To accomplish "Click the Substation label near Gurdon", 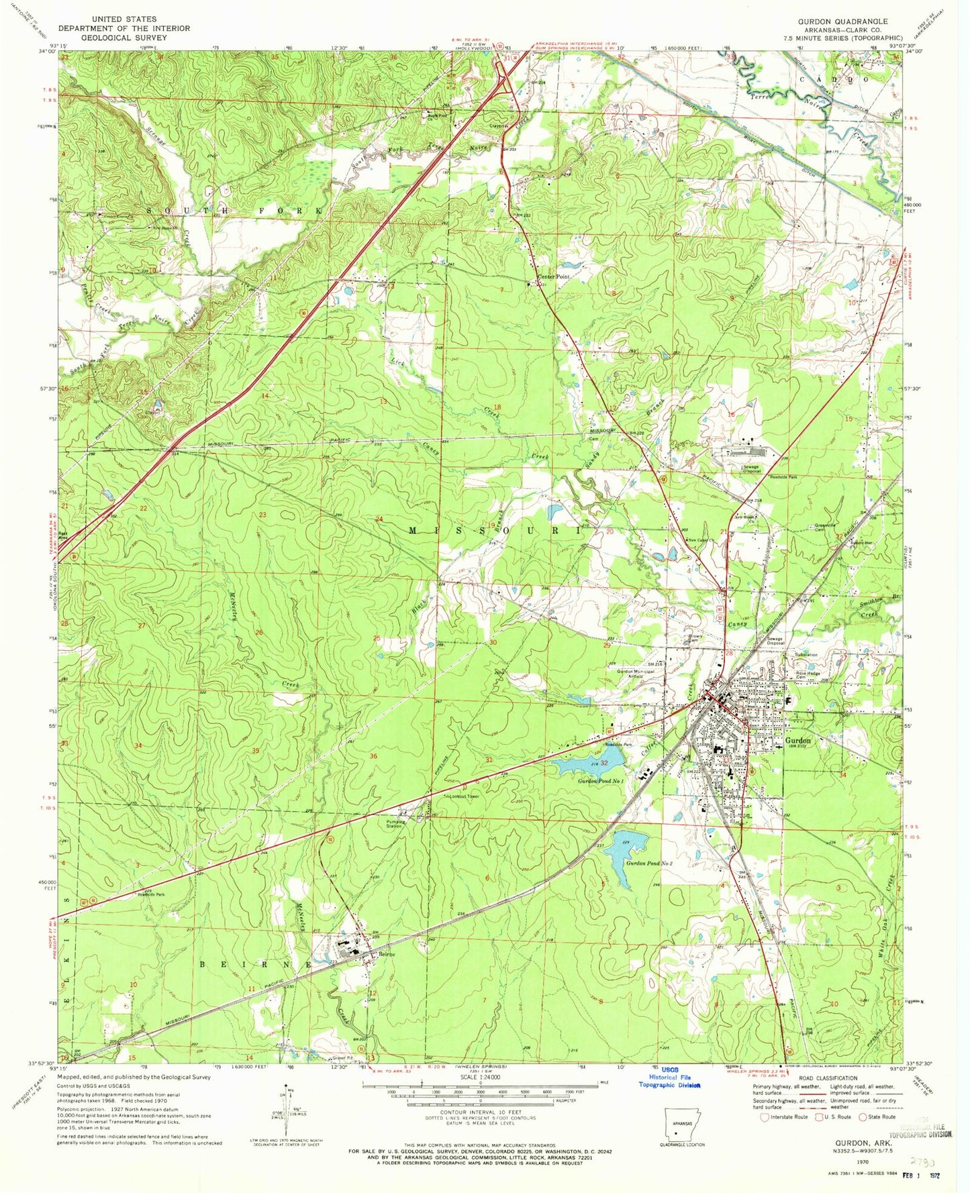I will tap(806, 654).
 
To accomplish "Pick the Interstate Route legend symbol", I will tap(764, 1118).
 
